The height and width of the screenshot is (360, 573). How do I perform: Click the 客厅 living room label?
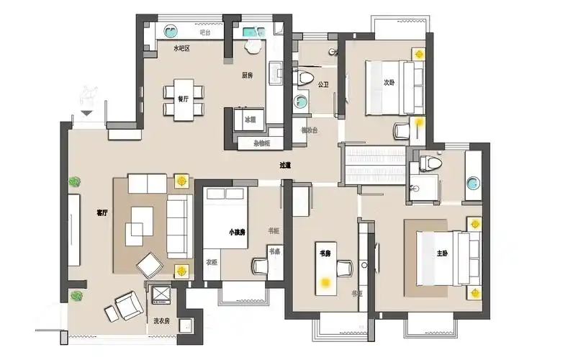click(x=102, y=213)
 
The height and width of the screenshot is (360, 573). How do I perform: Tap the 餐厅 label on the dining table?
click(x=183, y=99)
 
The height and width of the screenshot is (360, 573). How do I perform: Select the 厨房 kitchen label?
click(x=247, y=74)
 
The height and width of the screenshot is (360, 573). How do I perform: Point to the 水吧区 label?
click(x=181, y=49)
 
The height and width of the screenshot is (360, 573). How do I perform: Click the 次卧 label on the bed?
click(x=389, y=83)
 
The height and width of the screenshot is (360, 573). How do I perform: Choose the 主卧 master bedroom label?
click(x=442, y=254)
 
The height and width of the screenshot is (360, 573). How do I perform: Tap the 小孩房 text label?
click(x=238, y=233)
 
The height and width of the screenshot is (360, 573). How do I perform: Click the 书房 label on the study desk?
click(x=325, y=254)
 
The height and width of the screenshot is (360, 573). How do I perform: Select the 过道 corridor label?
click(x=286, y=165)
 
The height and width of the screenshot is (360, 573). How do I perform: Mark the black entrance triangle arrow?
click(x=87, y=113)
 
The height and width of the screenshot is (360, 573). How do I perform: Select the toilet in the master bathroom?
click(x=430, y=163)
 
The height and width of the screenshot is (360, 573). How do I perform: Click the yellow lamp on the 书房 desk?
click(x=326, y=282)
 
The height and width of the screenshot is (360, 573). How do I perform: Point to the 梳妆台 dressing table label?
click(x=310, y=130)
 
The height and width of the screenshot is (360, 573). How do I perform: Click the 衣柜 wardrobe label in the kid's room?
click(x=212, y=262)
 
